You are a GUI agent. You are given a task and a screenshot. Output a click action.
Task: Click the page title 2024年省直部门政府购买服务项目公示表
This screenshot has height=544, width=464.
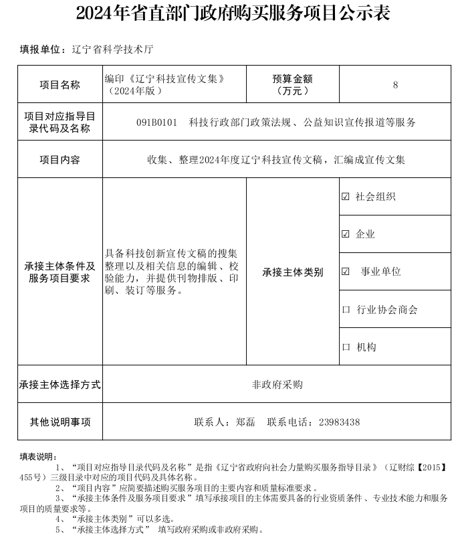[232, 13]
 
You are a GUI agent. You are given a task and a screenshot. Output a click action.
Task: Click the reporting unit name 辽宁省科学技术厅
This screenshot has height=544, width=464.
[112, 50]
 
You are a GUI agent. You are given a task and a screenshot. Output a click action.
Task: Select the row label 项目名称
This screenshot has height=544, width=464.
[60, 85]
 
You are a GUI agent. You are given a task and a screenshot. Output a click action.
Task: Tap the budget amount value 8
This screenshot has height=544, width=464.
[395, 85]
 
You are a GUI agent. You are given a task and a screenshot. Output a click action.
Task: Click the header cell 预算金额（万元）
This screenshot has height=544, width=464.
[293, 84]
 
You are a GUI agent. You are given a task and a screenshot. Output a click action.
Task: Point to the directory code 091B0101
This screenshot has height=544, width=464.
[156, 122]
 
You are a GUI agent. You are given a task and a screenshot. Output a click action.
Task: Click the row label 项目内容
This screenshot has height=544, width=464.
[60, 160]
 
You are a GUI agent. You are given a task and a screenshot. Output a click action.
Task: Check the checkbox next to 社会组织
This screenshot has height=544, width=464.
[346, 197]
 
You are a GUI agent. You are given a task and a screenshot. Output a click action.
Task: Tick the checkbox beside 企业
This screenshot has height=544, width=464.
[346, 234]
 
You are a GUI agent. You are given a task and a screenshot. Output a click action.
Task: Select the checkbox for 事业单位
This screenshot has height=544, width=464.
[346, 272]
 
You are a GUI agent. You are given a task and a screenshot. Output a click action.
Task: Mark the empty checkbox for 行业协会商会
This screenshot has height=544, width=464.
[346, 310]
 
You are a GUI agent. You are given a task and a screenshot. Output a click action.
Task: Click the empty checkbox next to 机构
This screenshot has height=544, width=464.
[346, 347]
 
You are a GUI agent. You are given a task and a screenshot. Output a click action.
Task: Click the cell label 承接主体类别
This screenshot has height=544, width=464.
[292, 272]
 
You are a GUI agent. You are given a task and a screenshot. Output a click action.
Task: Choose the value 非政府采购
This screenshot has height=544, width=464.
[277, 385]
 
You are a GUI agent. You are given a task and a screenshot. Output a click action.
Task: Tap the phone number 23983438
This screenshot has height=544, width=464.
[339, 422]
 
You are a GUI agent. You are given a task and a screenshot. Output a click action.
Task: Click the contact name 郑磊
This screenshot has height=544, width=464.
[245, 422]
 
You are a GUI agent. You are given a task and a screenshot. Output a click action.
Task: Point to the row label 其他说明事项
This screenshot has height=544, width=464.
[60, 422]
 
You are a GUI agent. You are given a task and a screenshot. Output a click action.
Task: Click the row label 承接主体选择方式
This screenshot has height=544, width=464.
[60, 385]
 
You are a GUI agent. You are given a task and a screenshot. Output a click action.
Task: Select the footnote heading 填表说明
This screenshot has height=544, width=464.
[38, 456]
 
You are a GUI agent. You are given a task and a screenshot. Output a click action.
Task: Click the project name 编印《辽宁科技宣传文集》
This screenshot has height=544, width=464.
[164, 79]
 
